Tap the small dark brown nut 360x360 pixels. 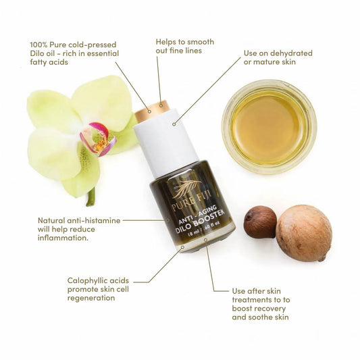click(x=260, y=222)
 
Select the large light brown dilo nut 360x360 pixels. click(x=303, y=232)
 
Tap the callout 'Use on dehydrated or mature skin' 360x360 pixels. click(x=278, y=58)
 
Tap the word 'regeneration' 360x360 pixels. click(x=91, y=298)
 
